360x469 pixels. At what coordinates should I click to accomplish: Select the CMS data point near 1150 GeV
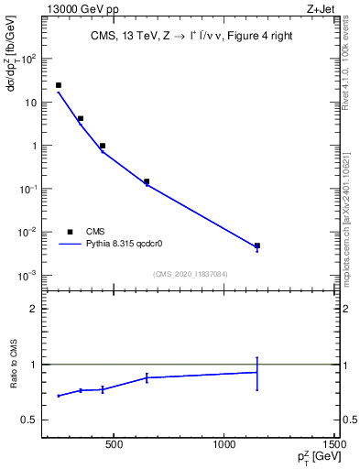tap(257, 245)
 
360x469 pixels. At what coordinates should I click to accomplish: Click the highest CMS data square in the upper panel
tap(59, 85)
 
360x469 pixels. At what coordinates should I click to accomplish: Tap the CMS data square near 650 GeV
tap(147, 181)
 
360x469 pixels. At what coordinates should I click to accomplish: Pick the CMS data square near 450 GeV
tap(103, 146)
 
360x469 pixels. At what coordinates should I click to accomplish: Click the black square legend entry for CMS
tap(70, 232)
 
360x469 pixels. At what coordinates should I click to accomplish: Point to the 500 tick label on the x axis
tap(114, 446)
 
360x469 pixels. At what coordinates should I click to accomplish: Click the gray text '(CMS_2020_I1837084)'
tap(190, 273)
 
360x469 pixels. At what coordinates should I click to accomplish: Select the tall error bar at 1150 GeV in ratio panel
tap(257, 373)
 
